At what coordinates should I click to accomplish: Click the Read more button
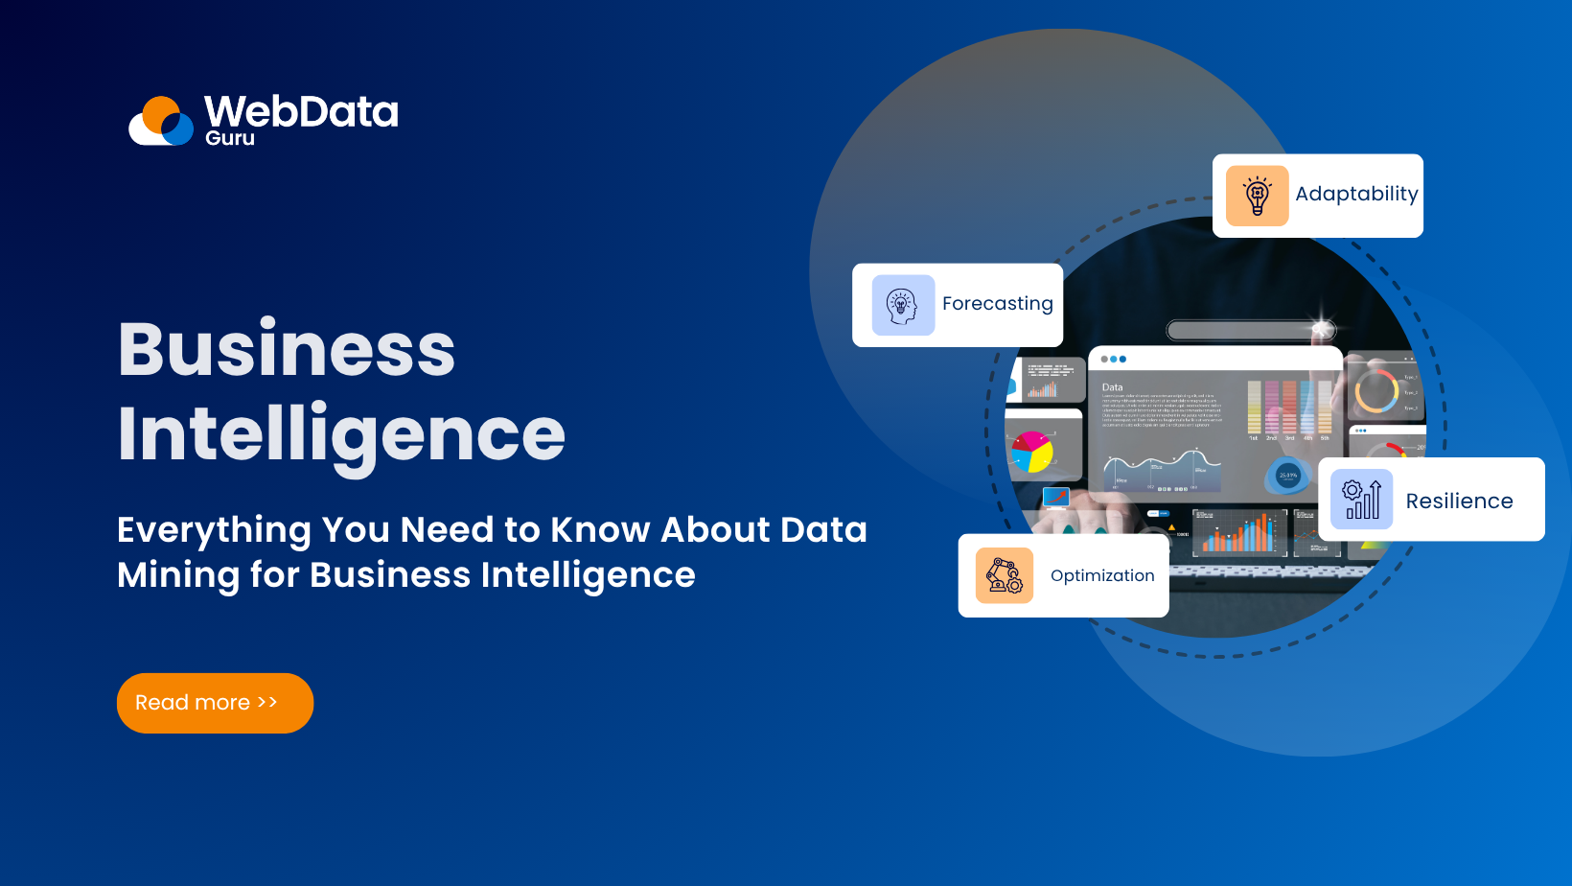pos(215,703)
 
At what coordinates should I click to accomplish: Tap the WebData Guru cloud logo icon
pos(162,122)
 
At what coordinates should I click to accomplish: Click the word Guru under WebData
pos(230,138)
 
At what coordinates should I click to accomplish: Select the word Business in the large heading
pos(287,350)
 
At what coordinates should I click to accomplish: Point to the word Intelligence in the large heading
pos(341,434)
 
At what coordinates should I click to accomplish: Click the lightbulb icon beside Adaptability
pos(1257,196)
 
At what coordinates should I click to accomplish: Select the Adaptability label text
pos(1356,194)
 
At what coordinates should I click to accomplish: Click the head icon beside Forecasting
pos(903,305)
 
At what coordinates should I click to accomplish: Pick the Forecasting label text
pos(997,304)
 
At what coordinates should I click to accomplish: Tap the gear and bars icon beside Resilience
pos(1361,500)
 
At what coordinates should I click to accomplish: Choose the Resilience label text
pos(1459,501)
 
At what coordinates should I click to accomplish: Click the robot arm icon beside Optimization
pos(1005,575)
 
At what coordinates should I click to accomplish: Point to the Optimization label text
pos(1102,575)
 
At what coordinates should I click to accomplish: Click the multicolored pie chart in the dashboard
pos(1031,452)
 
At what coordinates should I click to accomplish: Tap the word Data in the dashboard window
pos(1112,387)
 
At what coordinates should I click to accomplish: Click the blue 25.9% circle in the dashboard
pos(1288,475)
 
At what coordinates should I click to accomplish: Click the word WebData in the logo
pos(301,112)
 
